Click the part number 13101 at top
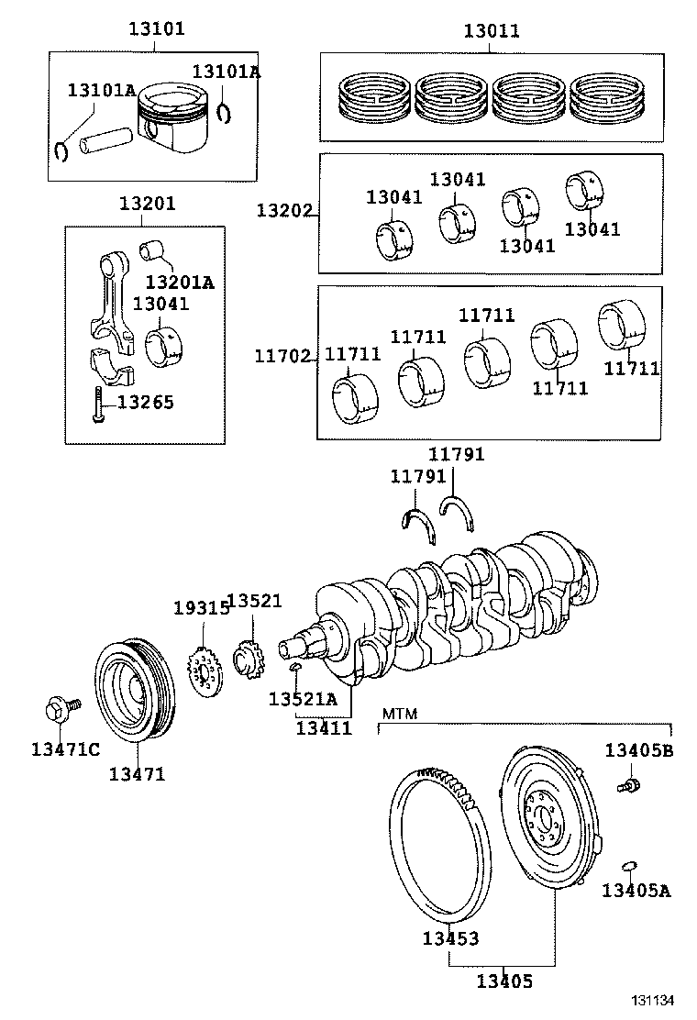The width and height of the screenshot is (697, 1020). [x=155, y=29]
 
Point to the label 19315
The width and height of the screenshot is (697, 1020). [x=201, y=608]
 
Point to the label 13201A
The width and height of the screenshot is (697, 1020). [x=180, y=282]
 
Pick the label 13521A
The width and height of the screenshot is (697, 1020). [x=303, y=699]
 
